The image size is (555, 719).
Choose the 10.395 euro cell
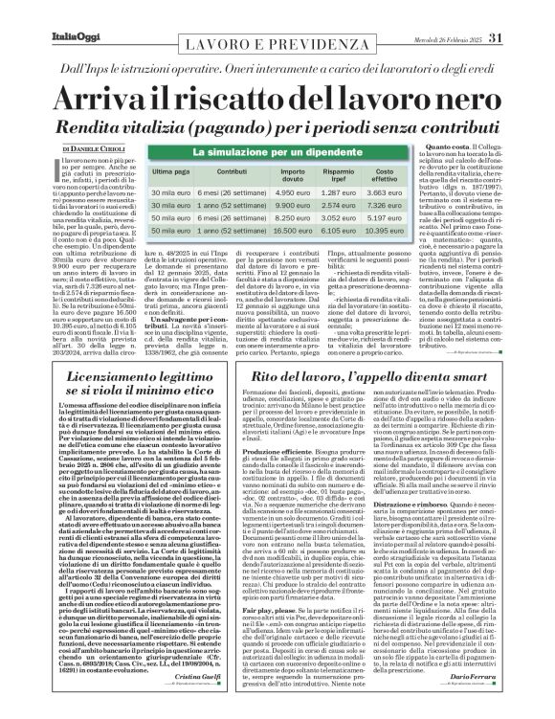click(410, 231)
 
